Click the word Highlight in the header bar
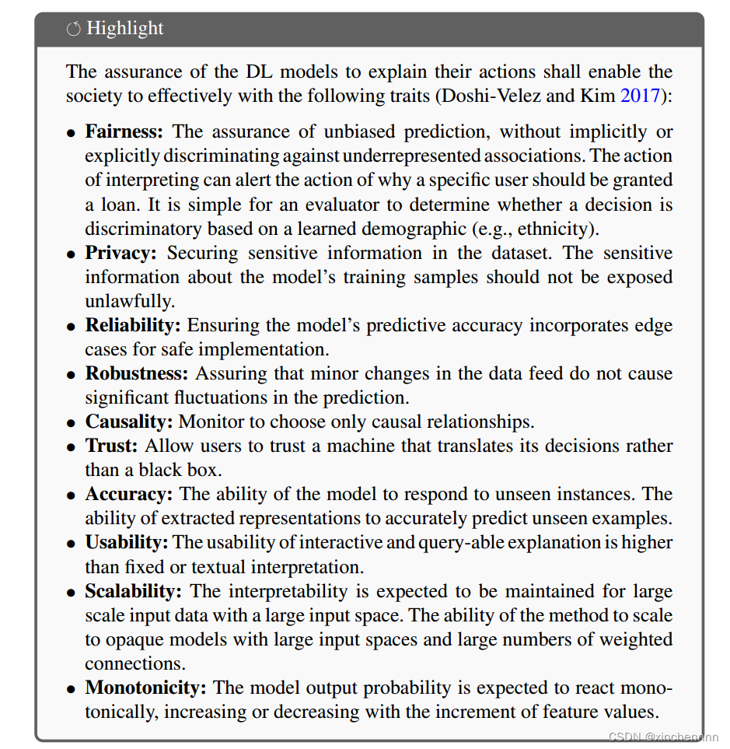pyautogui.click(x=125, y=29)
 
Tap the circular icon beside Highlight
pyautogui.click(x=73, y=30)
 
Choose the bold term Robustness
pyautogui.click(x=138, y=373)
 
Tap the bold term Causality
pyautogui.click(x=129, y=422)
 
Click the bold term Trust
pyautogui.click(x=111, y=446)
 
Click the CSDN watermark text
pyautogui.click(x=663, y=737)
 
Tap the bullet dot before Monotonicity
pyautogui.click(x=72, y=689)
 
